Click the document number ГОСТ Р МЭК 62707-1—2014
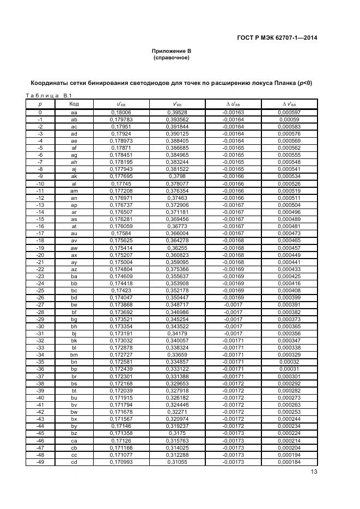[x=277, y=38]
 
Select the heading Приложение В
[x=171, y=51]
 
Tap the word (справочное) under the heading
[x=171, y=57]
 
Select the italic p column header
[x=40, y=103]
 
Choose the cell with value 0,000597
[x=289, y=112]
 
